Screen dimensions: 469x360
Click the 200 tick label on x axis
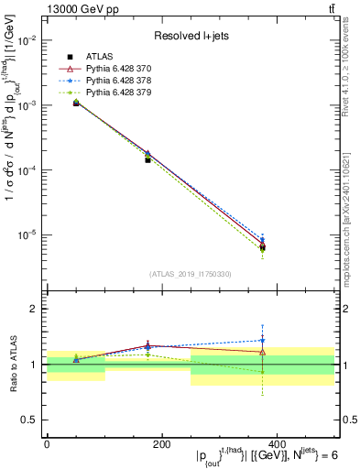[x=161, y=443]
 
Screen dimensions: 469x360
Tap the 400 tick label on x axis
[x=277, y=443]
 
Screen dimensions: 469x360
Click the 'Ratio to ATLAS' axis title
[x=12, y=365]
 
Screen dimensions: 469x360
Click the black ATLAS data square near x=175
[x=147, y=160]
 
